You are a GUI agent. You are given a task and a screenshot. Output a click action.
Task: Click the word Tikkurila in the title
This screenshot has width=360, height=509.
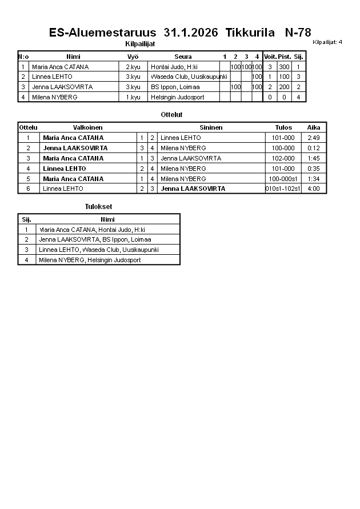[x=251, y=33]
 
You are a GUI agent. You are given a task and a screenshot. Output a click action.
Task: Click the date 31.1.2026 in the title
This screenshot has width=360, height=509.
[x=190, y=33]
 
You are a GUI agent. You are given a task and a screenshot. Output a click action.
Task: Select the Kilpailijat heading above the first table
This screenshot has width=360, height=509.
[x=140, y=44]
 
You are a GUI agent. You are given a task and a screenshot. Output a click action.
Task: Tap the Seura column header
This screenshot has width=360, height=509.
[x=183, y=57]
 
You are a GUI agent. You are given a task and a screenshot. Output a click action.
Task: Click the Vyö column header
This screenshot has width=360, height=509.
[x=133, y=57]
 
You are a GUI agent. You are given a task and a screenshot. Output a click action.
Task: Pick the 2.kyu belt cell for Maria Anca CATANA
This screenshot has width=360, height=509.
[x=133, y=67]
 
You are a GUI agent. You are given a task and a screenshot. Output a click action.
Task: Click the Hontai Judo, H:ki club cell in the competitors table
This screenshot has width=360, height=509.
[x=174, y=67]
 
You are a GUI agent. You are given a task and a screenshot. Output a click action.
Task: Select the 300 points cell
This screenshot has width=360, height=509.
[x=284, y=67]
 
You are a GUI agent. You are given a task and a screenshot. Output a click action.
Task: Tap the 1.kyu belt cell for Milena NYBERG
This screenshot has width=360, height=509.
[x=133, y=97]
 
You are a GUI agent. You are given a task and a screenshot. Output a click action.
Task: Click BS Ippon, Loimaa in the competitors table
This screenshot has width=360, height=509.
[x=175, y=87]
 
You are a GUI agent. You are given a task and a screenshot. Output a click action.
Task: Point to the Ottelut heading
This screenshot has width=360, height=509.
[x=171, y=115]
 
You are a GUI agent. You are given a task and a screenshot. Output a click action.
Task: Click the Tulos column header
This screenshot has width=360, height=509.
[x=283, y=127]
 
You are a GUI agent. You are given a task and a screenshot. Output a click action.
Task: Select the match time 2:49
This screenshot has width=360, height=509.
[x=314, y=138]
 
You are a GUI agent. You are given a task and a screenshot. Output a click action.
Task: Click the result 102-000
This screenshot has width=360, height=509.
[x=283, y=158]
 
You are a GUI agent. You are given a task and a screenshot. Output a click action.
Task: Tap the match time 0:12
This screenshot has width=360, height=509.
[x=314, y=148]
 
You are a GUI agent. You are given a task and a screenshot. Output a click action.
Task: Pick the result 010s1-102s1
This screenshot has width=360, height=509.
[x=283, y=189]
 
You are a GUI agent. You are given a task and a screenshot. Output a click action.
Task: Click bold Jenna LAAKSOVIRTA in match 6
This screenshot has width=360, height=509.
[x=193, y=189]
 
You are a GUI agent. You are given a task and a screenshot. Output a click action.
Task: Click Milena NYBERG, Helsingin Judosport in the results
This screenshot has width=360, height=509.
[x=90, y=260]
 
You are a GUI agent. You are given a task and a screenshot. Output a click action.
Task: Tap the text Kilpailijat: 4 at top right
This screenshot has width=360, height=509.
[x=327, y=42]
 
